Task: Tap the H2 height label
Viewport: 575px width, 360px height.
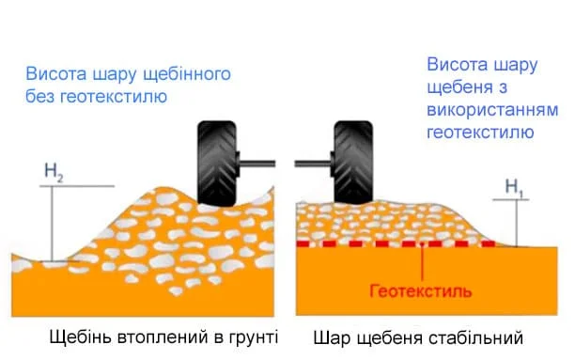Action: point(54,172)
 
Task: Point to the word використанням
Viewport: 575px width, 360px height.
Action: point(492,110)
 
